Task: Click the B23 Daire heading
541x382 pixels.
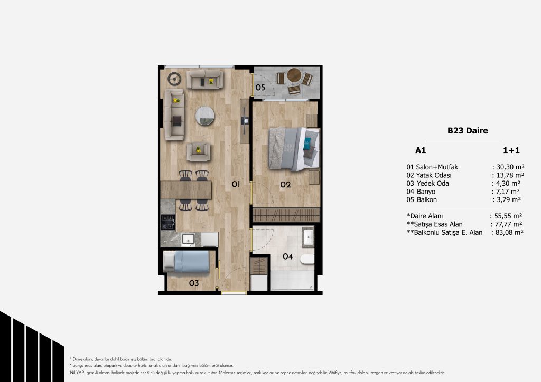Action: click(x=468, y=130)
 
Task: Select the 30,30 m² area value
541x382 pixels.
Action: click(x=510, y=167)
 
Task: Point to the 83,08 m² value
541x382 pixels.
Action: click(x=509, y=233)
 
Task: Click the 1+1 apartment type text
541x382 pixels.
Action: click(x=511, y=150)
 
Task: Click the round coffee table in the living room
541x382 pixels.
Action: click(x=204, y=116)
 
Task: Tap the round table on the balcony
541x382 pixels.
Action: click(x=294, y=75)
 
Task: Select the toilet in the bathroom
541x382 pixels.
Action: click(x=307, y=259)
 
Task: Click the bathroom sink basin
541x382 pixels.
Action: click(x=308, y=237)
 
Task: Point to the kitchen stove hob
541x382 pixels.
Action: click(x=168, y=222)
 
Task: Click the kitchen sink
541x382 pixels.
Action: click(x=189, y=239)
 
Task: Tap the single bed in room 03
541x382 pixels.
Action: click(x=186, y=262)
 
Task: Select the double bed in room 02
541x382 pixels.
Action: click(x=294, y=149)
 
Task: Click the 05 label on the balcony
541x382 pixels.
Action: click(x=260, y=88)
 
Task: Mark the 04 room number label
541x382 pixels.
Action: click(x=288, y=256)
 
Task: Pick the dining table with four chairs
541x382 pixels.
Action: click(x=186, y=190)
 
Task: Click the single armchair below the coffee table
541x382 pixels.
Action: click(x=199, y=152)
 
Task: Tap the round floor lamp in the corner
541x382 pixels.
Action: click(x=174, y=79)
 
